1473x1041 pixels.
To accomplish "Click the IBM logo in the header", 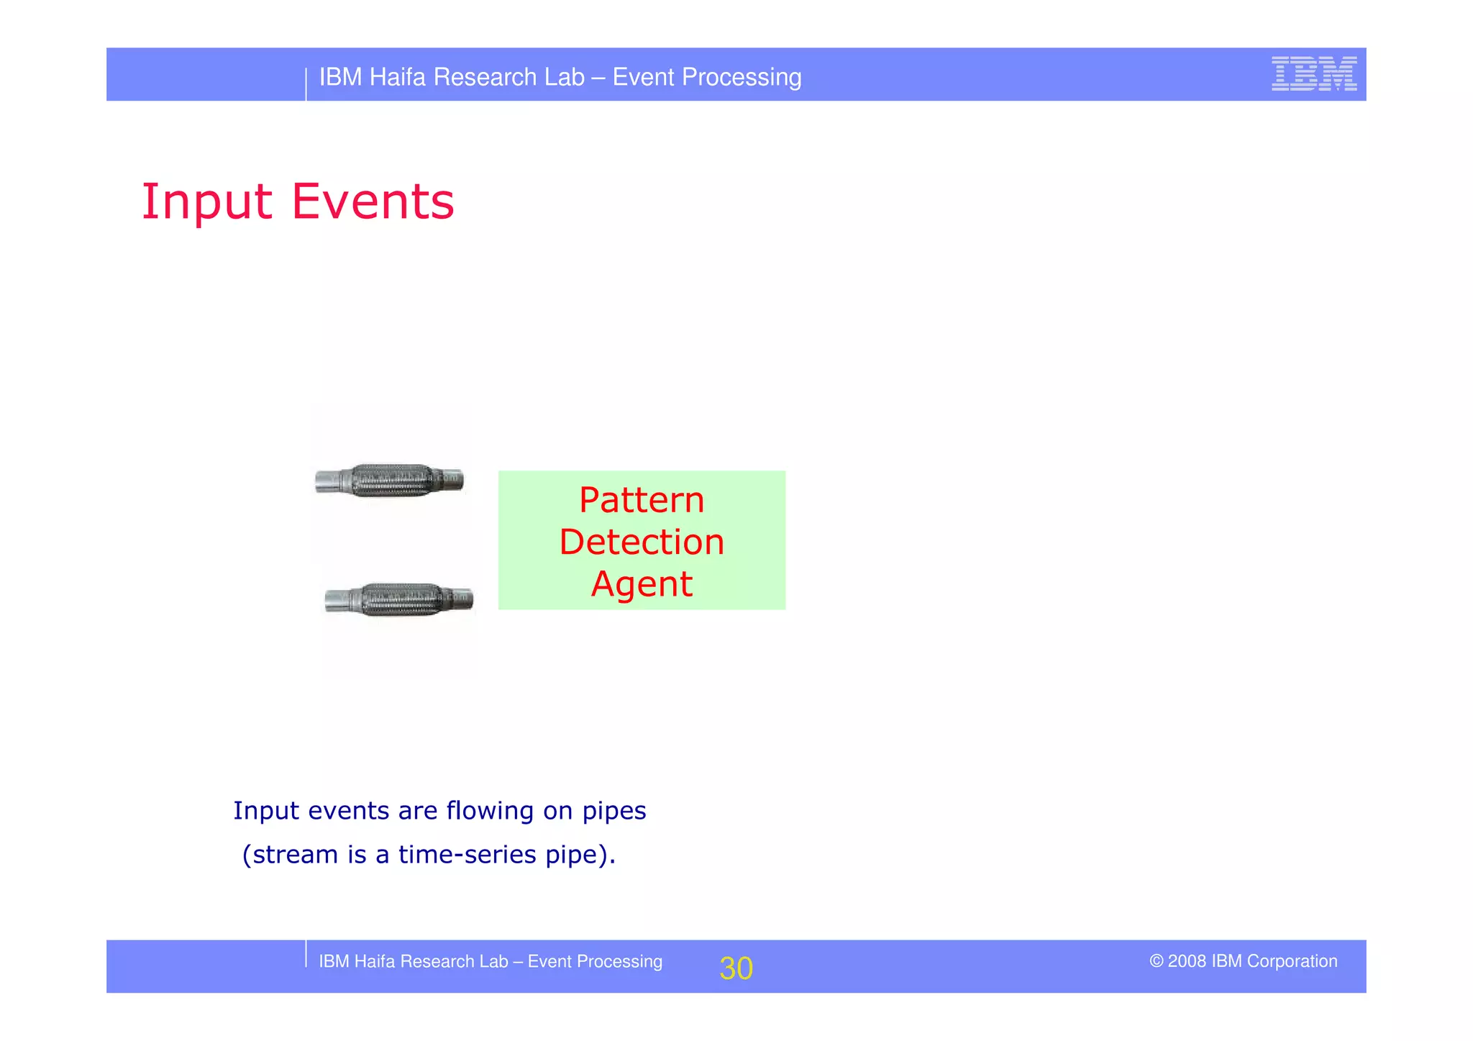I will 1313,73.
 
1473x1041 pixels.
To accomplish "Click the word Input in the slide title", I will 206,201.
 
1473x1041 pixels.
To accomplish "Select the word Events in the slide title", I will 373,201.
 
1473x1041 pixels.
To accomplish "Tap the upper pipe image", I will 389,481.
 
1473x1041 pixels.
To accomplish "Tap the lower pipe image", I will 399,599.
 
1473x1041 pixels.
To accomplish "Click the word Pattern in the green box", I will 642,500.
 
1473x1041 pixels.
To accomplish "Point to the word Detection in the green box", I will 642,542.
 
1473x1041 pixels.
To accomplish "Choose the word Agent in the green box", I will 642,584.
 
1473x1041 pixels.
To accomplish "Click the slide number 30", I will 736,968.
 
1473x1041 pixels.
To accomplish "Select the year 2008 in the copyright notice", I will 1187,961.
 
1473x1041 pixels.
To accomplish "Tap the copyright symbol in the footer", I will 1156,961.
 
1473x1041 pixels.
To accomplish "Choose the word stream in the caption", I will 296,855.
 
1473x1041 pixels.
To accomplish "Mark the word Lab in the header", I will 565,77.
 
